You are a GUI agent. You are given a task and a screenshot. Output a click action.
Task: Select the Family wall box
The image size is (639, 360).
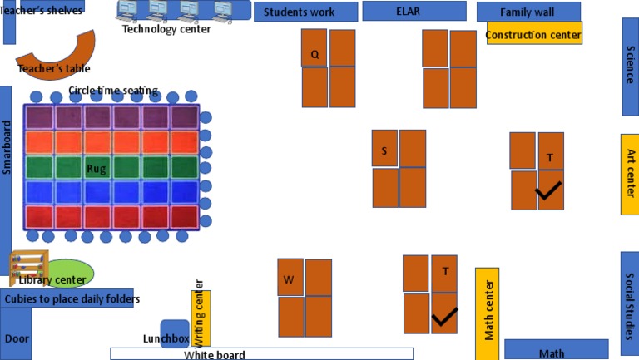click(528, 12)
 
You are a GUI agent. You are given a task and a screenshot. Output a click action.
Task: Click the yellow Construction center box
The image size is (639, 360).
click(533, 34)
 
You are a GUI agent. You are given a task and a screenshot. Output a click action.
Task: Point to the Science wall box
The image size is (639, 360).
click(630, 67)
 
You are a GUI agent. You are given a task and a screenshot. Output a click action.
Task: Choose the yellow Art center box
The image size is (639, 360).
click(630, 174)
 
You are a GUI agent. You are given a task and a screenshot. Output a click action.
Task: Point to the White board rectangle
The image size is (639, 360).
click(261, 353)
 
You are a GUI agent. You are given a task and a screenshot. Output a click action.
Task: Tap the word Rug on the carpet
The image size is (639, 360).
click(97, 169)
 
